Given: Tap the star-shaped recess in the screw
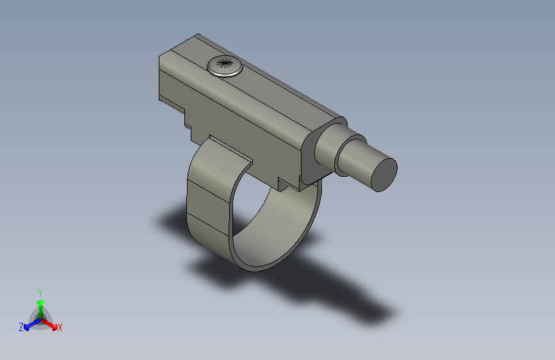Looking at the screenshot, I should (224, 63).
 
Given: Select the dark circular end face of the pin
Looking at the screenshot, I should (384, 174).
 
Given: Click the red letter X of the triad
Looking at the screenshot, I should (60, 328).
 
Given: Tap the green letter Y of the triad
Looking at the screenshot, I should (40, 292).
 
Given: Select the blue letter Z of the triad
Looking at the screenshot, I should (21, 327).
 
